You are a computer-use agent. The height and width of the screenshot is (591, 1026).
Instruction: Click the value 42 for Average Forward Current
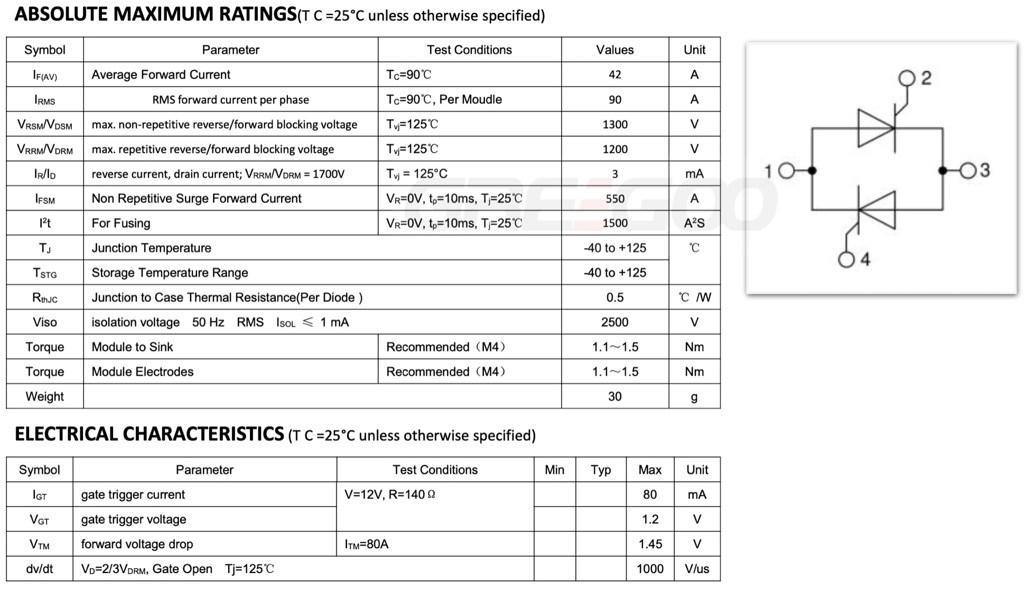click(614, 75)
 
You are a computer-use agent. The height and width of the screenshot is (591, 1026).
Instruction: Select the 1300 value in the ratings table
click(615, 124)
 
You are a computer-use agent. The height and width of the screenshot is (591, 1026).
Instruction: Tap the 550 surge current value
click(615, 199)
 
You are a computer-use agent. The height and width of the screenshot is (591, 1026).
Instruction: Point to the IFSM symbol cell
click(45, 199)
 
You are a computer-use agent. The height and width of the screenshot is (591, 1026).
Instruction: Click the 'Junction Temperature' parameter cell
click(151, 248)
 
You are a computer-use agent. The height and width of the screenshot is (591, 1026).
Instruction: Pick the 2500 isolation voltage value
click(614, 322)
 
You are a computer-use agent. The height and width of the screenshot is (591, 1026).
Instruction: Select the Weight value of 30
click(614, 396)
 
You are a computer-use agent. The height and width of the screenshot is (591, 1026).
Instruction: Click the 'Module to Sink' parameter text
click(132, 347)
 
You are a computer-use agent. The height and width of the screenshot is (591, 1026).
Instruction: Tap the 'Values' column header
click(614, 50)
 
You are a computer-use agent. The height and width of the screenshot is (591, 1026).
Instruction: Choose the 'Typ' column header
click(601, 470)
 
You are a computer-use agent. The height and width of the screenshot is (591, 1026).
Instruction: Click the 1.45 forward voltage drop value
click(650, 544)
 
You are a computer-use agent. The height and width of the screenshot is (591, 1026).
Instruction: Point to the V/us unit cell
click(697, 569)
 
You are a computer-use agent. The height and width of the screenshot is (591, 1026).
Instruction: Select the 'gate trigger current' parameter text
click(133, 495)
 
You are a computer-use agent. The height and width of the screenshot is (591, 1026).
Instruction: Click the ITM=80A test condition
click(366, 544)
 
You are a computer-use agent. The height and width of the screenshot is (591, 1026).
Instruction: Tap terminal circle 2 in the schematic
click(907, 79)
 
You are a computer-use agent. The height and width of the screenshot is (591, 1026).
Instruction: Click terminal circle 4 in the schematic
click(846, 260)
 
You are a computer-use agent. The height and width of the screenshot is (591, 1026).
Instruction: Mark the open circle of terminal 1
click(787, 171)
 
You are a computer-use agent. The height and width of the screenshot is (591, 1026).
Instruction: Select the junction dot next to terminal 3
click(943, 171)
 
